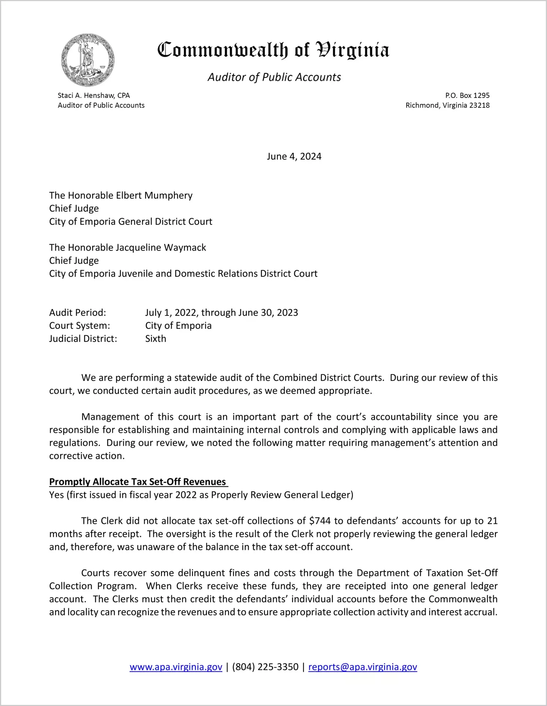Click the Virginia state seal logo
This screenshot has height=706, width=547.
[88, 60]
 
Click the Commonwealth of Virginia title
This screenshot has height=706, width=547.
[273, 50]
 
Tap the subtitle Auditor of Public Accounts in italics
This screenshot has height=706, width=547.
[274, 77]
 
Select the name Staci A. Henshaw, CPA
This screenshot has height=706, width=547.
[94, 95]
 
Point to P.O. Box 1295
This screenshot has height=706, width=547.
[467, 95]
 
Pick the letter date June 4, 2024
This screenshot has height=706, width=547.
[294, 156]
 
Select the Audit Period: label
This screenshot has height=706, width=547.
[78, 313]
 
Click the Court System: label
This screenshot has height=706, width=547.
[79, 326]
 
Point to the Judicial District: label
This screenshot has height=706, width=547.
[83, 339]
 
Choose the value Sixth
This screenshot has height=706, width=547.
[156, 339]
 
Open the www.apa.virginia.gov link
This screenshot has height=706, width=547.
[176, 667]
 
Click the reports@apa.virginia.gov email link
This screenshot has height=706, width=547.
[362, 667]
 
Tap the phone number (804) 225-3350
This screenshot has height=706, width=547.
[265, 667]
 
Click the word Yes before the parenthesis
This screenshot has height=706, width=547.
[56, 495]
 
